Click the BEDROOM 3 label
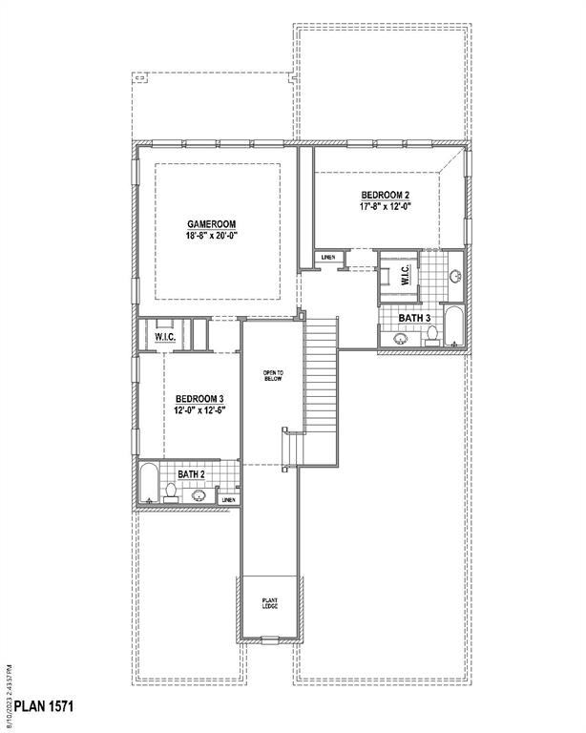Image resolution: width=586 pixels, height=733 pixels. click(199, 399)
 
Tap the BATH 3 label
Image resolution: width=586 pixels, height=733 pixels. click(414, 318)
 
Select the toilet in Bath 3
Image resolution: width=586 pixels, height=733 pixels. click(432, 334)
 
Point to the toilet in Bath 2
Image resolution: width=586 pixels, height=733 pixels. click(171, 492)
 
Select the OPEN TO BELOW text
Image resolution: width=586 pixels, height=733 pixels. click(275, 375)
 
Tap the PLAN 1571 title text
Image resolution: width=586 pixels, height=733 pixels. click(38, 707)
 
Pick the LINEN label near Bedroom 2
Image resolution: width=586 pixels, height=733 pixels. click(328, 258)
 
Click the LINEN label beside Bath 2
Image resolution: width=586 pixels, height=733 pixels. click(229, 499)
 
